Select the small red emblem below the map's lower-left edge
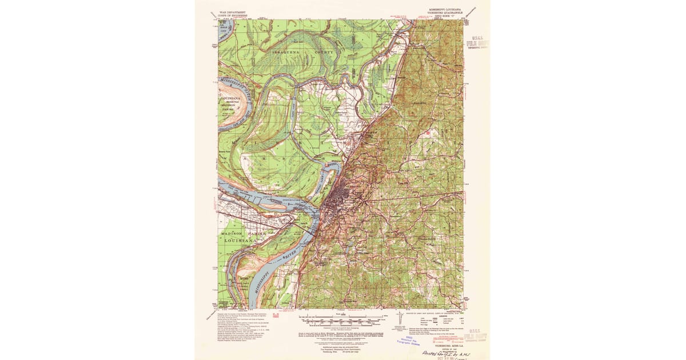(276, 314)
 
